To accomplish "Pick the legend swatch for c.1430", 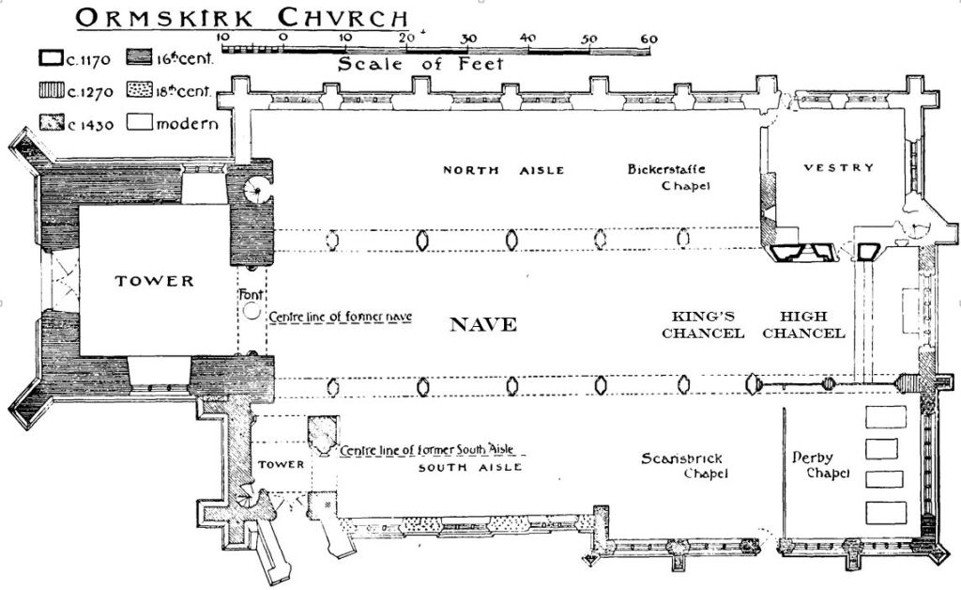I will (50, 123).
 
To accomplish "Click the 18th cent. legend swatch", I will (139, 92).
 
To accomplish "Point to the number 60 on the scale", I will (648, 38).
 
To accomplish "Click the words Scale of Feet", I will (420, 65).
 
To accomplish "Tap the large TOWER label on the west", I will (154, 281).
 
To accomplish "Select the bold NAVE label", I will (483, 325).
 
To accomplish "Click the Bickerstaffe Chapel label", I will (666, 178).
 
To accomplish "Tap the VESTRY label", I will (839, 168).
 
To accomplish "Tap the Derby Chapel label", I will (820, 466).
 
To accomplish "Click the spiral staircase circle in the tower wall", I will (255, 190).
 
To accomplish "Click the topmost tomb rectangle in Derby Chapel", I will (885, 417).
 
